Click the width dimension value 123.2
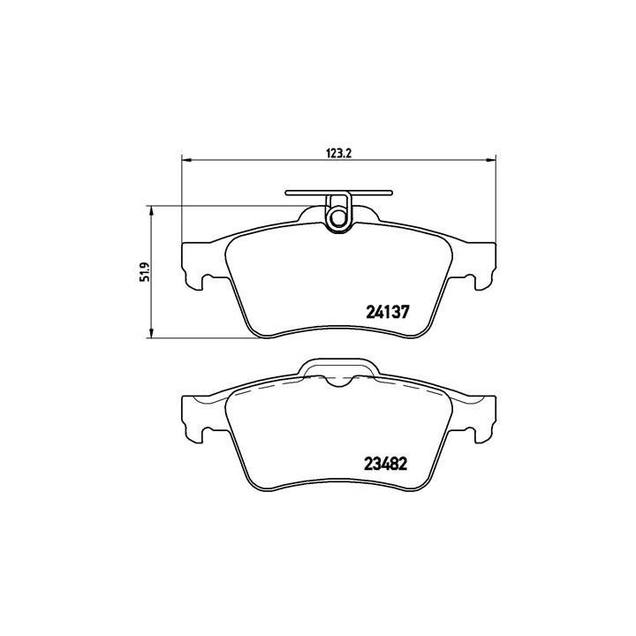339,152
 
